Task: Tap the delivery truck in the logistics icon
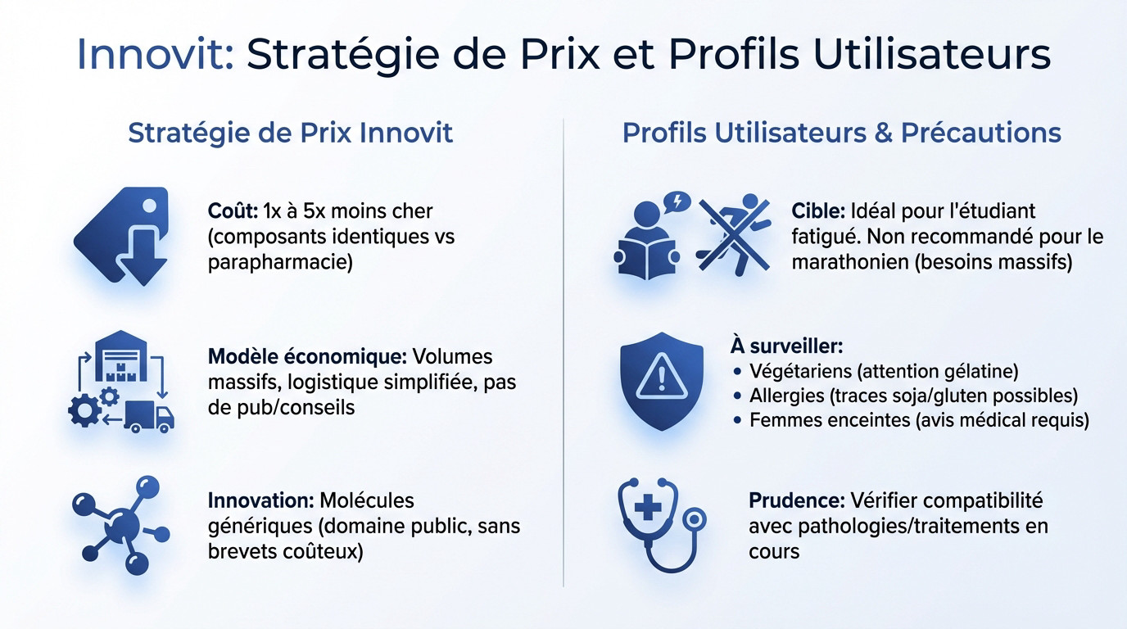click(153, 416)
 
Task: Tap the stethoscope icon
click(659, 523)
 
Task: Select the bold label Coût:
click(233, 211)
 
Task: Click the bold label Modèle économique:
click(307, 357)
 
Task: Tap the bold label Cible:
click(818, 211)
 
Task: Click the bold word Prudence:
click(797, 500)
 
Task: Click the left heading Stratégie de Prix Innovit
click(291, 133)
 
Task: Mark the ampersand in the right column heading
click(883, 133)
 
